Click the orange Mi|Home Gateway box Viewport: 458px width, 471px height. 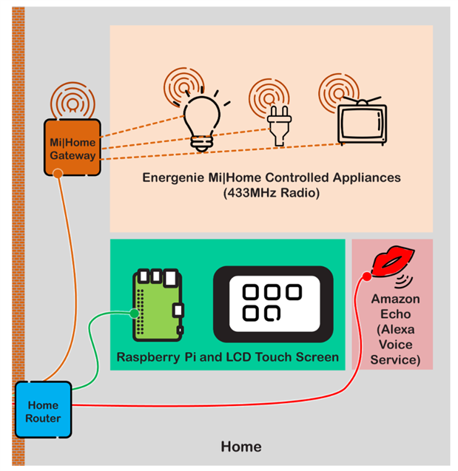(72, 148)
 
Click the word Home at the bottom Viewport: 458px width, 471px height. (240, 447)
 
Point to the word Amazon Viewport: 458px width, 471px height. (396, 299)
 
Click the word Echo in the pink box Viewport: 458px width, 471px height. (396, 314)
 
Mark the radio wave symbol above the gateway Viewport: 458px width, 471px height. (72, 99)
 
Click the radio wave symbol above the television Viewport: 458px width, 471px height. (338, 89)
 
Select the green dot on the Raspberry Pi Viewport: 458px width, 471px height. (134, 314)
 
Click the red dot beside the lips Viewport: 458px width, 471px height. (366, 276)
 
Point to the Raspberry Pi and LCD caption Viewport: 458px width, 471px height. (227, 358)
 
